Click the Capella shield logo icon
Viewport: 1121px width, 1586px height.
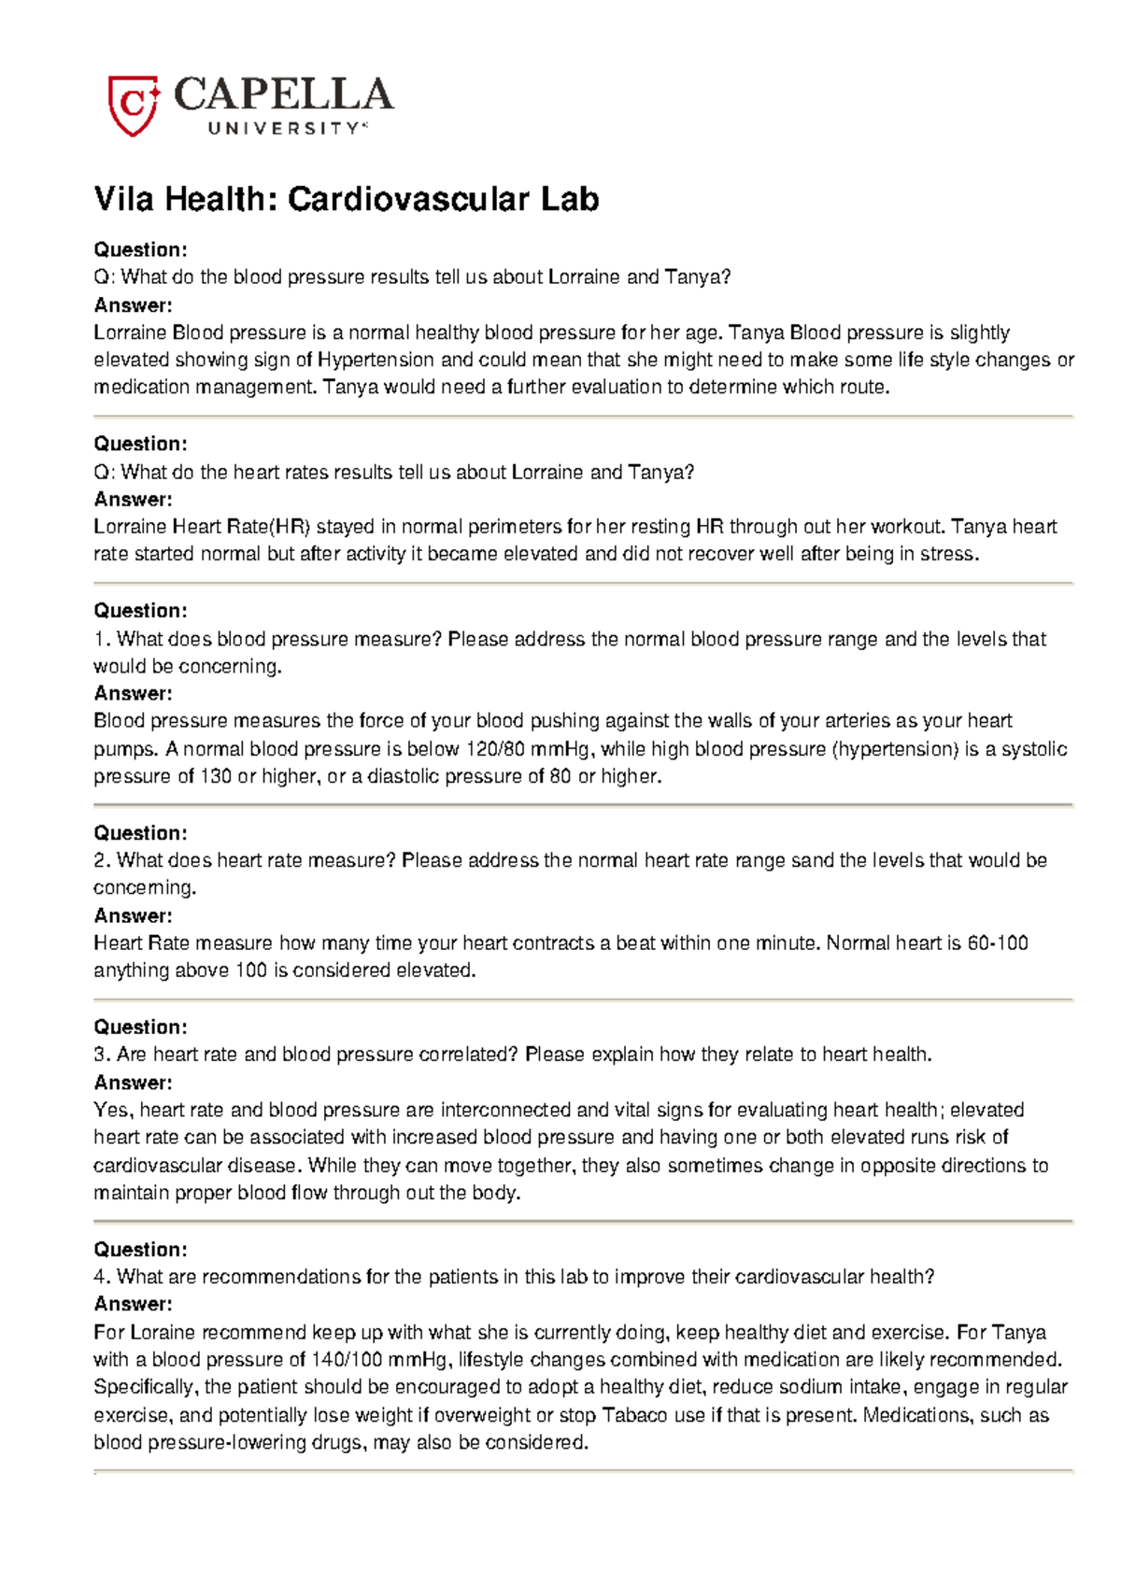tap(133, 105)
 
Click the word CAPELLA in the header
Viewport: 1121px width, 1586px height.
tap(283, 95)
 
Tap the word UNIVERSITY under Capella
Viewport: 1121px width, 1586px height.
tap(283, 129)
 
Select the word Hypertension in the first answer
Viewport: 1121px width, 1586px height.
tap(376, 361)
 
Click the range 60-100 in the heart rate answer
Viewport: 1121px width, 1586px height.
tap(997, 943)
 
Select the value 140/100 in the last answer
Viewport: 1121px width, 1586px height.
tap(347, 1360)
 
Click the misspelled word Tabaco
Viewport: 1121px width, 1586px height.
tap(634, 1416)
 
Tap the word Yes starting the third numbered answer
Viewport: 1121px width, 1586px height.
tap(113, 1111)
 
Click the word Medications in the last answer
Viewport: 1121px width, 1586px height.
tap(919, 1416)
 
